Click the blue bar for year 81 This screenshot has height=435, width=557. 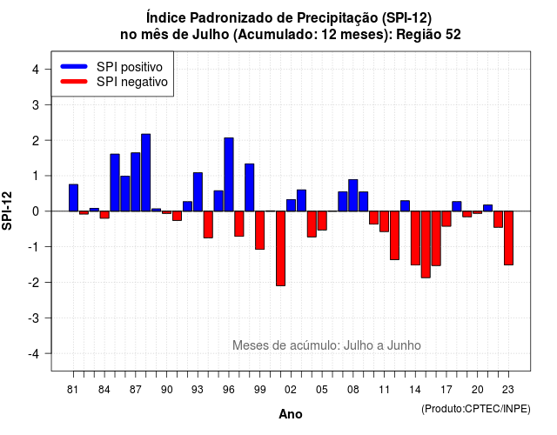73,197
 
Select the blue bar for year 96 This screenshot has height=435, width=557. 229,174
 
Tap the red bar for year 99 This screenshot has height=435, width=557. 260,230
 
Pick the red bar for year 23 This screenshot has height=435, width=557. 508,238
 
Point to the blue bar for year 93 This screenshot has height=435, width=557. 198,191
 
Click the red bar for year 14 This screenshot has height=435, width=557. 415,238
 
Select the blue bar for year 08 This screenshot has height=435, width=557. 353,195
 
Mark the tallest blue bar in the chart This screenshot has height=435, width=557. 146,172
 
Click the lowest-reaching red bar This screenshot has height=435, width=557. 280,248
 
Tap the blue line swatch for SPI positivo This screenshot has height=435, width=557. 74,66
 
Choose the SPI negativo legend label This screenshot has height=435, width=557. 132,82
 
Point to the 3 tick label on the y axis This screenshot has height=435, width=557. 36,104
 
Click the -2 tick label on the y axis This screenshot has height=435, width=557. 34,282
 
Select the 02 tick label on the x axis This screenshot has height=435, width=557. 291,390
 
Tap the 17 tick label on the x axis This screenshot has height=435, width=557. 446,390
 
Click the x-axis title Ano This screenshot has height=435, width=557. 291,414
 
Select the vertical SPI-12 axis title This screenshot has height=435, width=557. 7,211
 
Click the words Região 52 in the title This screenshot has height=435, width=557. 428,35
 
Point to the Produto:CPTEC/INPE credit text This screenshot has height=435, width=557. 476,409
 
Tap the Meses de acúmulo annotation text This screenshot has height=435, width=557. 326,345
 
